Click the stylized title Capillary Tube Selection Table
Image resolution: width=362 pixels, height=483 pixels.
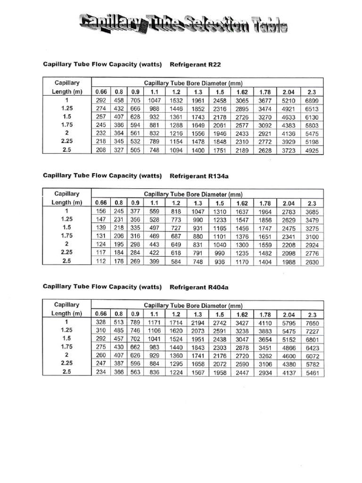(x=183, y=24)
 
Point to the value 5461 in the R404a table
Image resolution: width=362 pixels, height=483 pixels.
(x=312, y=373)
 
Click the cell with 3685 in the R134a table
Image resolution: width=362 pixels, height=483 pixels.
(x=312, y=212)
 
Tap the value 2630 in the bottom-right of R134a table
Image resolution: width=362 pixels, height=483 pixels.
(x=312, y=262)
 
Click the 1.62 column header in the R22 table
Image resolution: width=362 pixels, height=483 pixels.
(x=241, y=92)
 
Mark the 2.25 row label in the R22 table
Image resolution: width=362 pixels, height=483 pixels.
(x=66, y=142)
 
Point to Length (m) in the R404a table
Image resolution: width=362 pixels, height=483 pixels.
(x=66, y=313)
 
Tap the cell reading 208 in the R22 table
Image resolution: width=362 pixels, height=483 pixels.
(x=100, y=150)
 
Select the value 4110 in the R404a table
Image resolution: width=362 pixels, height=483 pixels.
(x=265, y=323)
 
